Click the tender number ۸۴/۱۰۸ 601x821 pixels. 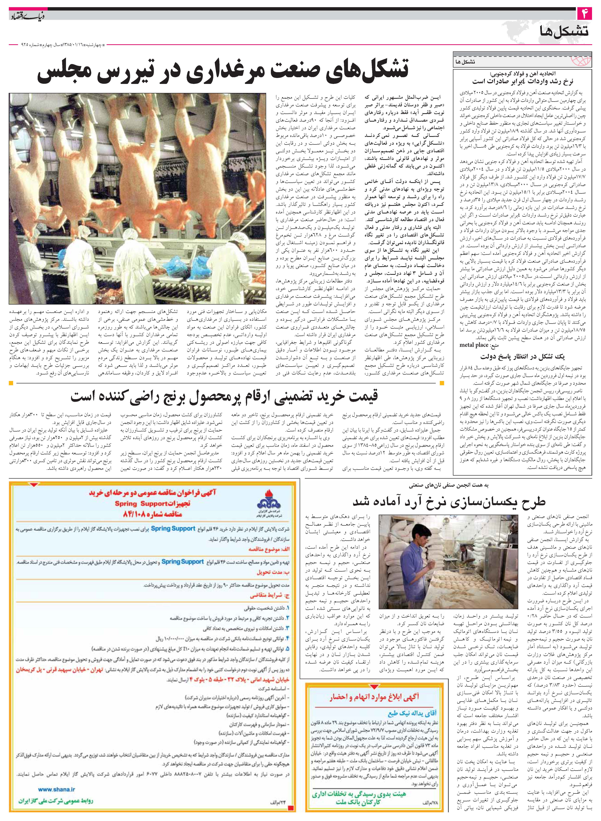137,515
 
